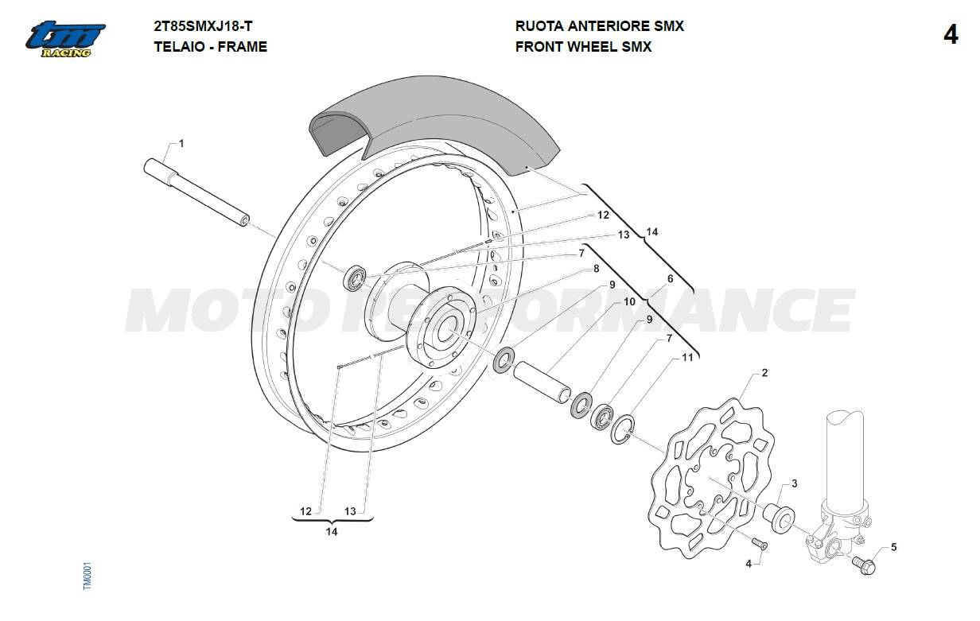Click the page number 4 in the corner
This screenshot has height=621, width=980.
pyautogui.click(x=950, y=36)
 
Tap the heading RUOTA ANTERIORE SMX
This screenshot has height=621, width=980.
pyautogui.click(x=599, y=26)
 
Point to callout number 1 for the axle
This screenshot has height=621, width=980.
pyautogui.click(x=181, y=144)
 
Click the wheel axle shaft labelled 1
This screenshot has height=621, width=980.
pyautogui.click(x=196, y=193)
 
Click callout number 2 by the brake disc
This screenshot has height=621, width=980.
pyautogui.click(x=764, y=373)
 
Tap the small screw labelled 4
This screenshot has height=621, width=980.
pyautogui.click(x=758, y=543)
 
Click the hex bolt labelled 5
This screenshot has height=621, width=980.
pyautogui.click(x=864, y=565)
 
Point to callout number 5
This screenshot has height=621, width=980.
pyautogui.click(x=893, y=547)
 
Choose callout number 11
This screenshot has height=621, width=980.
pyautogui.click(x=687, y=358)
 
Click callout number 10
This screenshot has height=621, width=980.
pyautogui.click(x=629, y=302)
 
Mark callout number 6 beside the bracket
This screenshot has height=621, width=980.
pyautogui.click(x=670, y=279)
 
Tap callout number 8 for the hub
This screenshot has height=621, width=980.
pyautogui.click(x=596, y=269)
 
